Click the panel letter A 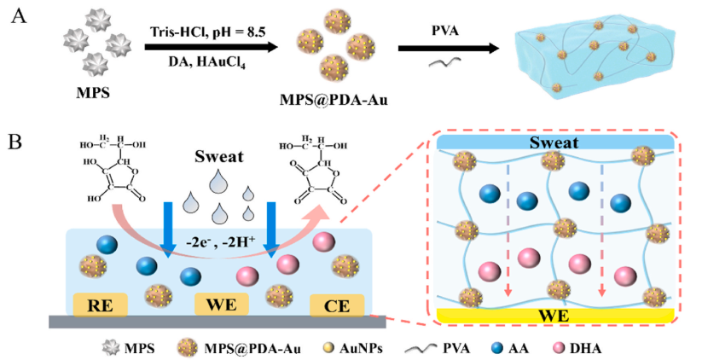16,18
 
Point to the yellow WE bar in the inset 554,316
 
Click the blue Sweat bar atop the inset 554,143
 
